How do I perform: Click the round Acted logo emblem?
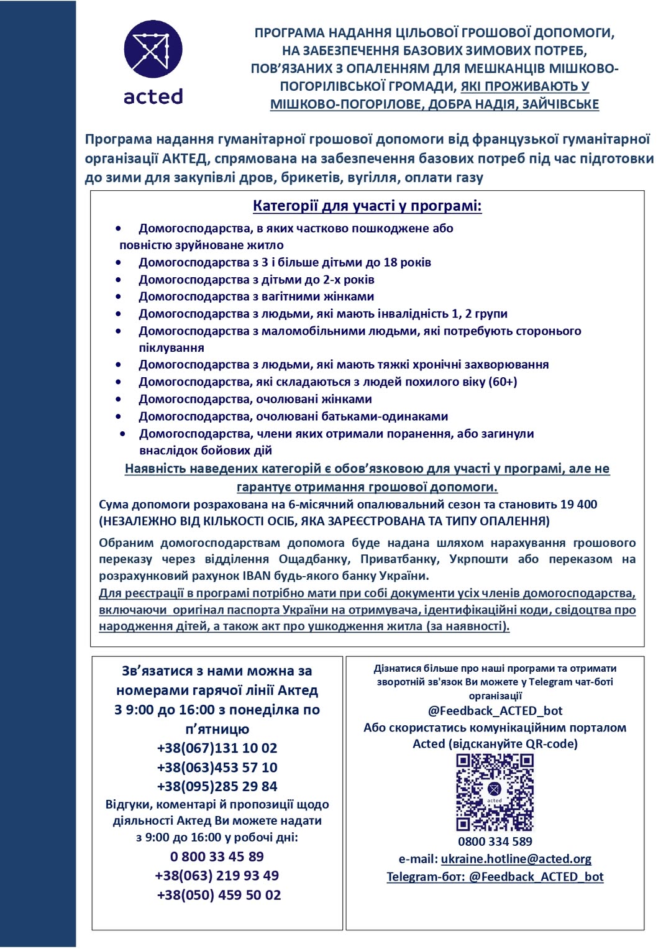click(x=153, y=49)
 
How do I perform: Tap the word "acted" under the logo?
click(x=153, y=96)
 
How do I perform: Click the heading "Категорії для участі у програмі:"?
click(x=367, y=206)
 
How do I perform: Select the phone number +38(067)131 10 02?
click(x=217, y=748)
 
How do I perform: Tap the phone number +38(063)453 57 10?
click(x=217, y=767)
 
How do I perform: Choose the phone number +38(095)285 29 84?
click(x=217, y=786)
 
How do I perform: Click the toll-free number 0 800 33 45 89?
click(x=217, y=856)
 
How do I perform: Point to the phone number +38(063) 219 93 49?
click(x=217, y=876)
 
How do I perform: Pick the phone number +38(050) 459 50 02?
click(x=219, y=895)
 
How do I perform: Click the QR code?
click(x=495, y=792)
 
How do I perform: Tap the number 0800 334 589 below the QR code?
click(x=495, y=841)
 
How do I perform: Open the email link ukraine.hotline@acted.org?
click(x=516, y=859)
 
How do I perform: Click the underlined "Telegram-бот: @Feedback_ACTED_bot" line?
click(x=495, y=876)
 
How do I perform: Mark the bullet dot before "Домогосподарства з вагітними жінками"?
click(x=119, y=296)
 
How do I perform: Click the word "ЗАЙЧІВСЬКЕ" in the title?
click(x=560, y=104)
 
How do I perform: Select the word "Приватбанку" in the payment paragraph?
click(x=400, y=559)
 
